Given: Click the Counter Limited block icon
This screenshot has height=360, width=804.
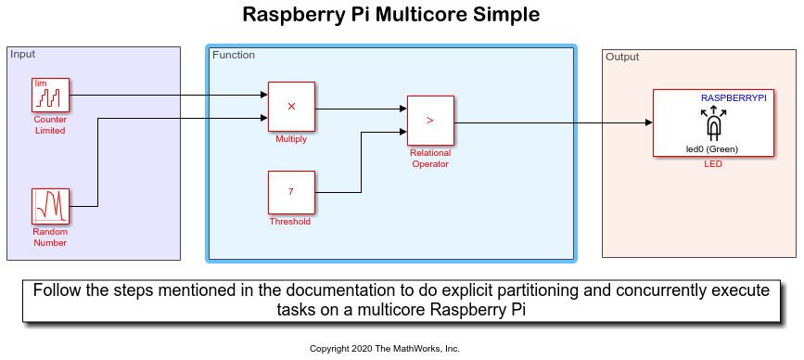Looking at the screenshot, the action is (x=50, y=95).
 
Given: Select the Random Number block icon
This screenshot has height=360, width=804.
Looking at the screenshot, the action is (x=50, y=206).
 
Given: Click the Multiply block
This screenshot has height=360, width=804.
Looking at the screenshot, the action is (x=291, y=106).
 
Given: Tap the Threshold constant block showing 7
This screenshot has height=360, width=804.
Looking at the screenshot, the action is (x=291, y=192).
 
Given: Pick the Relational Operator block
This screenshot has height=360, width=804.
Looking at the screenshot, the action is (x=430, y=121).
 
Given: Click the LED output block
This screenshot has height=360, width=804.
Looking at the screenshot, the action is (x=713, y=122).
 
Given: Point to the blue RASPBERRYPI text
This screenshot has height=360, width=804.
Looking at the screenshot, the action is (x=734, y=98).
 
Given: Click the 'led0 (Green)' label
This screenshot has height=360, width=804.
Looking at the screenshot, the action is (x=711, y=149).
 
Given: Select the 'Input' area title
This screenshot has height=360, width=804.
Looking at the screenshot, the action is (x=22, y=54).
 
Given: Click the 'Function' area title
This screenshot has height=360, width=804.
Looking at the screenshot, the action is (x=234, y=55).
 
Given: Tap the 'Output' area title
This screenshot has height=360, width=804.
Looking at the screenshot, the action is (x=622, y=57).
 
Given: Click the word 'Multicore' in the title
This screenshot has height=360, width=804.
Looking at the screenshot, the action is (x=421, y=14).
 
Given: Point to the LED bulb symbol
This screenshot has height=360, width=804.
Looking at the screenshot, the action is (x=713, y=124).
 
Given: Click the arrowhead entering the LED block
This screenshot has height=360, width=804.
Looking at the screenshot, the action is (x=649, y=122).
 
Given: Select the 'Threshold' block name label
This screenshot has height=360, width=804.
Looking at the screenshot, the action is (x=290, y=222).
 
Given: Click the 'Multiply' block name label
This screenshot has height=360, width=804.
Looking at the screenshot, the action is (x=291, y=138).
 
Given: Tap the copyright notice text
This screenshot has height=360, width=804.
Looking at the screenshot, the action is (x=385, y=349).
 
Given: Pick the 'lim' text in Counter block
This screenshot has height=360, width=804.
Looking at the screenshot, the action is (x=40, y=83).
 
